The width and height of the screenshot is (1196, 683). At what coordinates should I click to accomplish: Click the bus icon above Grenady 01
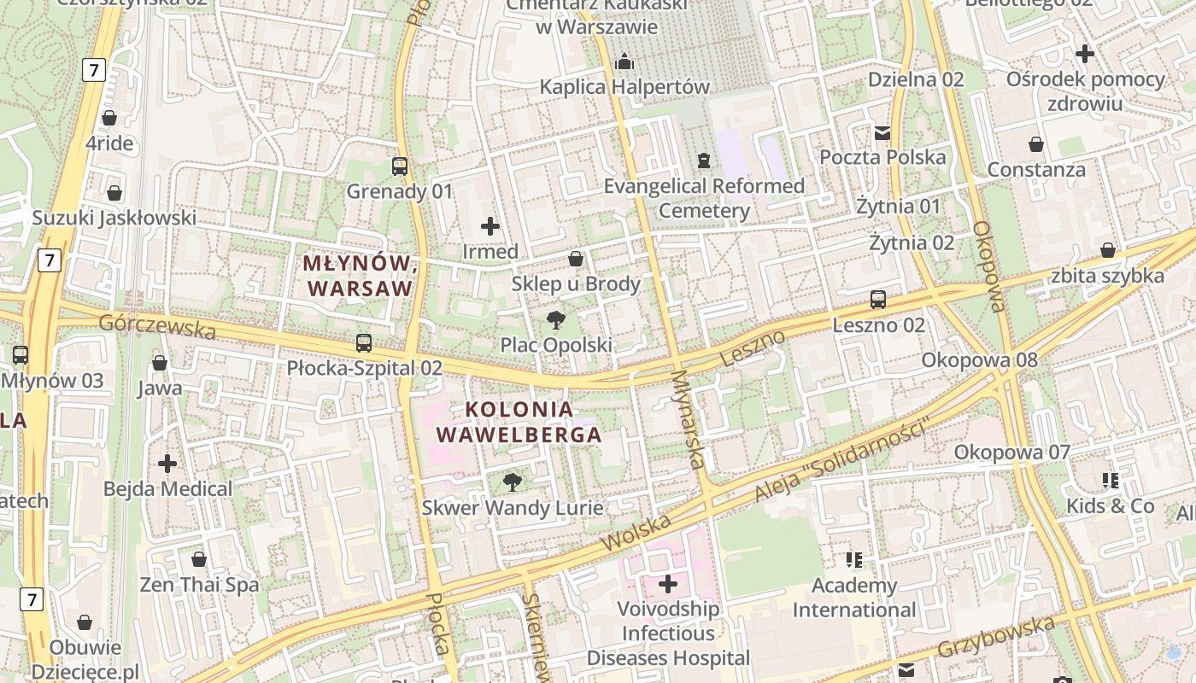coord(400,166)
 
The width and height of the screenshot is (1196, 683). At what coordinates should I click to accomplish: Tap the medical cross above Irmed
coord(490,226)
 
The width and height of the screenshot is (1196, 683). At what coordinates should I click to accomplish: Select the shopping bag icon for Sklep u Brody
coord(576,259)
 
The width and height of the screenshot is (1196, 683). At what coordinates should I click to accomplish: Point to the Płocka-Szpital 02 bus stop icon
coord(364,343)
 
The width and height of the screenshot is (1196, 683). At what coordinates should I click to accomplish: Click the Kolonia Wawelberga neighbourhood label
coord(519,422)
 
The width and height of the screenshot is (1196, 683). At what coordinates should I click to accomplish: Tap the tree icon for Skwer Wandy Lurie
coord(513,483)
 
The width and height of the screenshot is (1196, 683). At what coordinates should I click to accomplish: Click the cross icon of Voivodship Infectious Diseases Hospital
coord(668,585)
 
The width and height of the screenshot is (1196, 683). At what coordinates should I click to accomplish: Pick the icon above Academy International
coord(854,560)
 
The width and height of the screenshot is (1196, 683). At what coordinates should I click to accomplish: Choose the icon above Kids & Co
coord(1111,481)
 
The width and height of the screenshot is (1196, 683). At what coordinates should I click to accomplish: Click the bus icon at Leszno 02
coord(878,300)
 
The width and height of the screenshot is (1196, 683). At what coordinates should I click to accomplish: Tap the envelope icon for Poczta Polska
coord(882,132)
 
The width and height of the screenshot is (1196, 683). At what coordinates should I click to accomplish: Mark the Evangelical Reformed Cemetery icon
coord(704,161)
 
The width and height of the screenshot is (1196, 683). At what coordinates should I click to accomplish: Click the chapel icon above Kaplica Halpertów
coord(624,61)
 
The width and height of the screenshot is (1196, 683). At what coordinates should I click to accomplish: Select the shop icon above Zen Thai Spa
coord(199,560)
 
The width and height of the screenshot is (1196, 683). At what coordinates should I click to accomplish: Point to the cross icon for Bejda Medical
coord(167,464)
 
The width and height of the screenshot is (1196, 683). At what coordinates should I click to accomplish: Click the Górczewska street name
coord(157,326)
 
